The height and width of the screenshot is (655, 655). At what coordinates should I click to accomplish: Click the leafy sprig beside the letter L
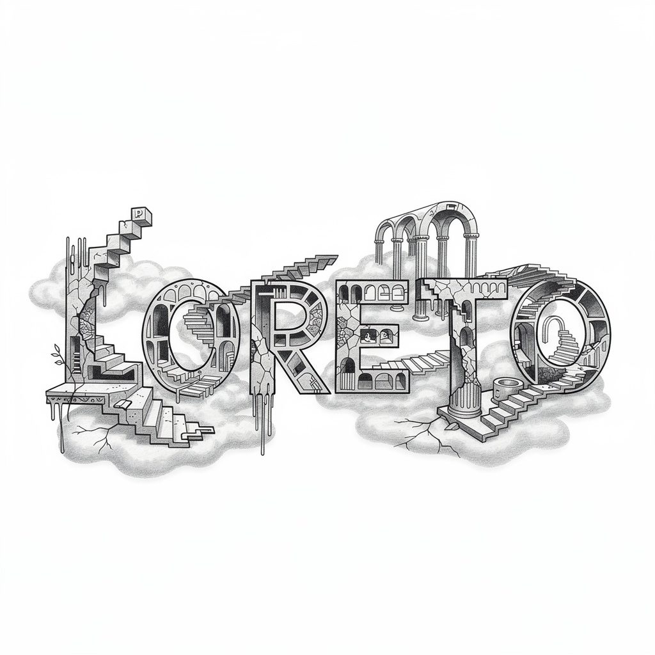coord(58,356)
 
